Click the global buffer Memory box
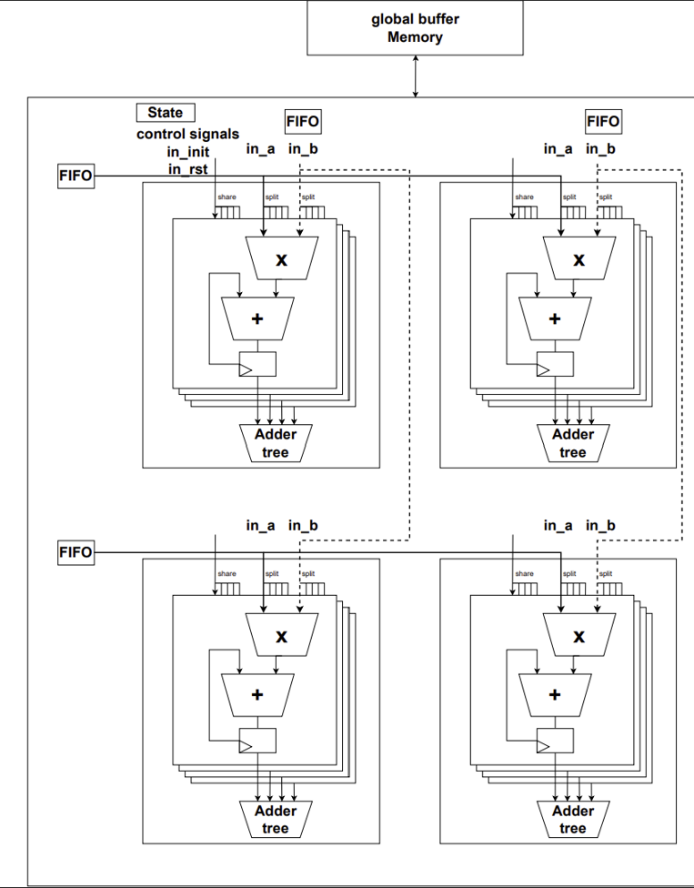click(415, 28)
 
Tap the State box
click(165, 113)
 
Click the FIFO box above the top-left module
click(303, 121)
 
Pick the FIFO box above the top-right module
click(603, 121)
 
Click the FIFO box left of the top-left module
click(75, 176)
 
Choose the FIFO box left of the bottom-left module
click(75, 552)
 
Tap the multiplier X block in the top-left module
click(281, 259)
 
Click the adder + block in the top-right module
click(555, 318)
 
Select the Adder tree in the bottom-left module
click(276, 819)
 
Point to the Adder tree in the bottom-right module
click(573, 819)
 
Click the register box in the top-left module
click(256, 364)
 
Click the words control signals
click(188, 134)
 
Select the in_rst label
click(188, 168)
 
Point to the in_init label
click(188, 152)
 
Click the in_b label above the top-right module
click(600, 148)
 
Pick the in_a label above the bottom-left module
click(260, 525)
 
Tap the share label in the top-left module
click(226, 197)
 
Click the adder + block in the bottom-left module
click(257, 695)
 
